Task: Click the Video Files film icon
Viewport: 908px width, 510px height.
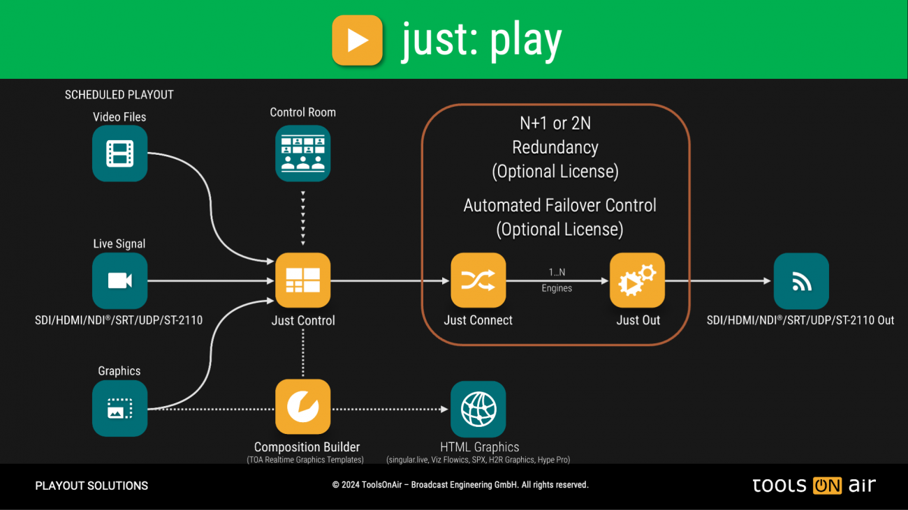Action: (119, 153)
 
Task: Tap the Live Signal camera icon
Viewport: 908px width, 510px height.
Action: (119, 280)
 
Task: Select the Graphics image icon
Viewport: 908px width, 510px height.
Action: (119, 408)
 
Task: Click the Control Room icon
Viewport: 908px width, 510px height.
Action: (302, 153)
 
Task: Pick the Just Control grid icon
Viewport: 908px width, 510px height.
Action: (302, 280)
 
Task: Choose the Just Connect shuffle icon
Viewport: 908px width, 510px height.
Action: (478, 280)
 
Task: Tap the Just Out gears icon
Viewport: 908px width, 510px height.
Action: (638, 280)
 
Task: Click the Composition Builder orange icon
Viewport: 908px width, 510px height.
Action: (302, 407)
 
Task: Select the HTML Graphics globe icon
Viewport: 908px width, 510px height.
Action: (478, 409)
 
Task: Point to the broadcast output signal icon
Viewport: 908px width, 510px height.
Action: (801, 280)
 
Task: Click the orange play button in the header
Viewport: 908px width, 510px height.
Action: (357, 40)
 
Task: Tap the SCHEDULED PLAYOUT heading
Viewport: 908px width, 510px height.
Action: (119, 95)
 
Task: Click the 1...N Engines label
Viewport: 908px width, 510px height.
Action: (557, 280)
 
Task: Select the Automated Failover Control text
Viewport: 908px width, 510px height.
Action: (559, 206)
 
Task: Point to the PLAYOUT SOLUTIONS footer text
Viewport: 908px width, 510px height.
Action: (91, 486)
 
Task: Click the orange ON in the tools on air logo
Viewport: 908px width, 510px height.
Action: (827, 486)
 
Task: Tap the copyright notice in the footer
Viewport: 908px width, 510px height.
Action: (460, 485)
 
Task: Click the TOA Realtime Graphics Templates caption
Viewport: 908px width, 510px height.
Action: (305, 460)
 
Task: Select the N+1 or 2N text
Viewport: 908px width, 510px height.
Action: (555, 123)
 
